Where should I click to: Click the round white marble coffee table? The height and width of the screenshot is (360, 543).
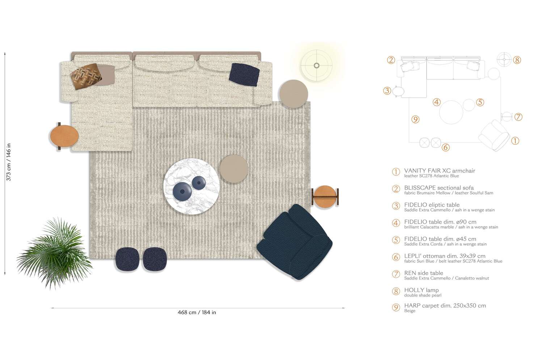tap(191, 186)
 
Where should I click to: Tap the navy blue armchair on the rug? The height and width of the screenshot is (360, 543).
tap(295, 242)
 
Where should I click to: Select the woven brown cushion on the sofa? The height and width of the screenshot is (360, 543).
tap(86, 76)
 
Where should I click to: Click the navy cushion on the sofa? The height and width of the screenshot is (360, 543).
tap(244, 75)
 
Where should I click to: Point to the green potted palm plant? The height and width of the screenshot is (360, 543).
tap(55, 253)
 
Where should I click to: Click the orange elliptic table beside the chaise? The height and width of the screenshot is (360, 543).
tap(64, 136)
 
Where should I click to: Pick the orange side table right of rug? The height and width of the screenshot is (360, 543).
tap(325, 196)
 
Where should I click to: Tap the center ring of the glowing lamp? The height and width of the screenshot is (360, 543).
tap(316, 65)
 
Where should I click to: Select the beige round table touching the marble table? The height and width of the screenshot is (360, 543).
tap(234, 169)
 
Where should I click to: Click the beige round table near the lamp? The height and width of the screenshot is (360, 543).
tap(294, 94)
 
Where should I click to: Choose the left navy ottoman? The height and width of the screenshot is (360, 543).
tap(127, 259)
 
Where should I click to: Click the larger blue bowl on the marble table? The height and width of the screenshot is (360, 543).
tap(182, 191)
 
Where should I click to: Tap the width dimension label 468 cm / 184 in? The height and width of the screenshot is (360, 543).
tap(197, 312)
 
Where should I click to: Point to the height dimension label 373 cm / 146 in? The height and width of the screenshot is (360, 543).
tap(8, 162)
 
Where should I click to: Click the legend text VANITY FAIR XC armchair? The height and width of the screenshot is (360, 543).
tap(439, 170)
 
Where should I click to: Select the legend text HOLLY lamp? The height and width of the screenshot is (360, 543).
tap(421, 290)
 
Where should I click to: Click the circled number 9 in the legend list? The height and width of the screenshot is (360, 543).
tap(396, 308)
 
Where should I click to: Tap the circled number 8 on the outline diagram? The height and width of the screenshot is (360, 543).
tap(517, 60)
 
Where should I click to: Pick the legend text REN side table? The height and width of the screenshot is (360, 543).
tap(424, 273)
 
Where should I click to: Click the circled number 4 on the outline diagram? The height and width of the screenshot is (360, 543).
tap(437, 102)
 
